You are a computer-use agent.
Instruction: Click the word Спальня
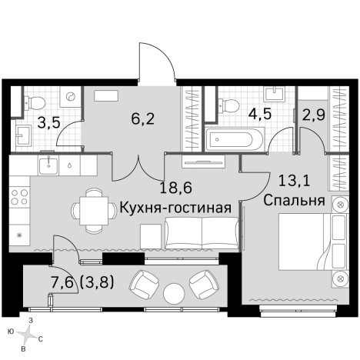coord(293,201)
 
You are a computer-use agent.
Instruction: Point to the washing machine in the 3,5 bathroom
coord(68,98)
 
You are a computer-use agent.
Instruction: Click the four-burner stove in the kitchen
coord(19,198)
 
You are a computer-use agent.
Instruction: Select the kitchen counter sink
coord(50,164)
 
